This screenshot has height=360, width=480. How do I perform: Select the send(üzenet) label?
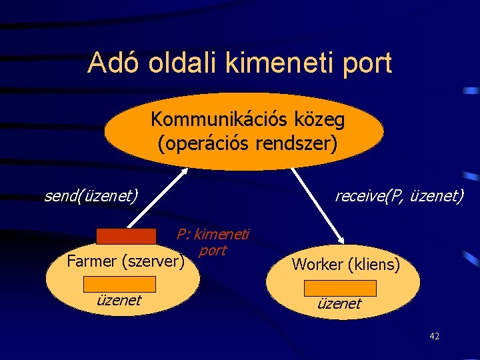(91, 195)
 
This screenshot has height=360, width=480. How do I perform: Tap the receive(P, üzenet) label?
(399, 195)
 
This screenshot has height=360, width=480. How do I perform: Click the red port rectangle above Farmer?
(126, 237)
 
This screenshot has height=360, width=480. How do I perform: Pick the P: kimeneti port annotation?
(213, 242)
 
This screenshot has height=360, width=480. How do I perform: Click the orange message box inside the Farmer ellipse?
(119, 284)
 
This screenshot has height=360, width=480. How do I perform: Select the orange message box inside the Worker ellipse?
(340, 288)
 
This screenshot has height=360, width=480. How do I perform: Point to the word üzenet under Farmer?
(119, 300)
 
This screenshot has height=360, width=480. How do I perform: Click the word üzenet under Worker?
(339, 304)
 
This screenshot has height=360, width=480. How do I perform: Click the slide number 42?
(434, 336)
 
